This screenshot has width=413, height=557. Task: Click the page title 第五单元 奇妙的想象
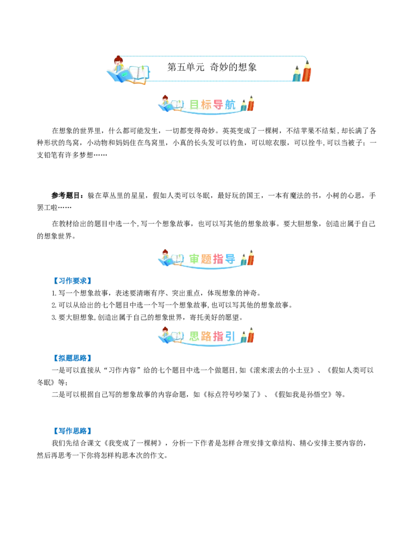point(212,67)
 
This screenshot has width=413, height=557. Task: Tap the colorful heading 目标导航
point(212,104)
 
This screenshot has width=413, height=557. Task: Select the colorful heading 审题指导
point(212,259)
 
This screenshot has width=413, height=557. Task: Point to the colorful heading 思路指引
point(212,336)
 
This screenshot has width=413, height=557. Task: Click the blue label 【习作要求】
point(72,281)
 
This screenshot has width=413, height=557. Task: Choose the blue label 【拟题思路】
point(72,358)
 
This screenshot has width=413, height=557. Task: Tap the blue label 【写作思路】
point(72,431)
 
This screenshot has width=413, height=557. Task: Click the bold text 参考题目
point(67,195)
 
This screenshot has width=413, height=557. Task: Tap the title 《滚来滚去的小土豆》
point(282,370)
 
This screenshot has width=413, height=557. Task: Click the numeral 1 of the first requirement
point(53,293)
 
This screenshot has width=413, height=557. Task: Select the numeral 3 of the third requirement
point(53,317)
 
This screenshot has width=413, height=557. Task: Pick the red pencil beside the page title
point(306,71)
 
